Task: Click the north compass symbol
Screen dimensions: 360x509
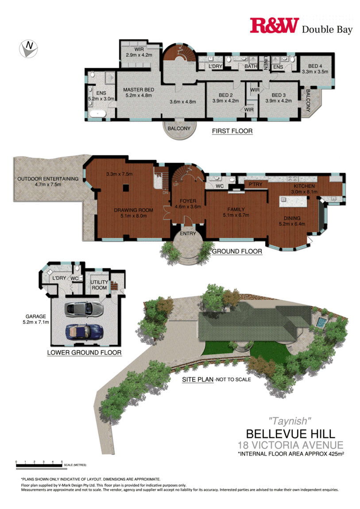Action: [29, 49]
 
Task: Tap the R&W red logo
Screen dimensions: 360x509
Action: [274, 26]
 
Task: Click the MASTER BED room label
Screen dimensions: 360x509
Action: [139, 89]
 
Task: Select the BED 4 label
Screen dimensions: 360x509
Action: [315, 66]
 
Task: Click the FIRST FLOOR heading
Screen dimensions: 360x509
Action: [232, 131]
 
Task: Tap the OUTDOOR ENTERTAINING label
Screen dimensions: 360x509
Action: [48, 179]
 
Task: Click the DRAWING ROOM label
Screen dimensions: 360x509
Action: [133, 210]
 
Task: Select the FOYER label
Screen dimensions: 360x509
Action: [188, 201]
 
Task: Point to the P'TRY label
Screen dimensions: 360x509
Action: [255, 185]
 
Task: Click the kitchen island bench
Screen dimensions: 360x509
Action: [293, 202]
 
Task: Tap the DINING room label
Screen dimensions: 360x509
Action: [292, 218]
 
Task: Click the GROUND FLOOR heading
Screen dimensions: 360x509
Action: [237, 251]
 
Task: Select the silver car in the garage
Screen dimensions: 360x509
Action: [84, 309]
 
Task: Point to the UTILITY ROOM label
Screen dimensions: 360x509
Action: [99, 285]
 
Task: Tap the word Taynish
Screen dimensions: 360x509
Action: [290, 421]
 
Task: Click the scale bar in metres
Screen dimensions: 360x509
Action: [39, 466]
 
